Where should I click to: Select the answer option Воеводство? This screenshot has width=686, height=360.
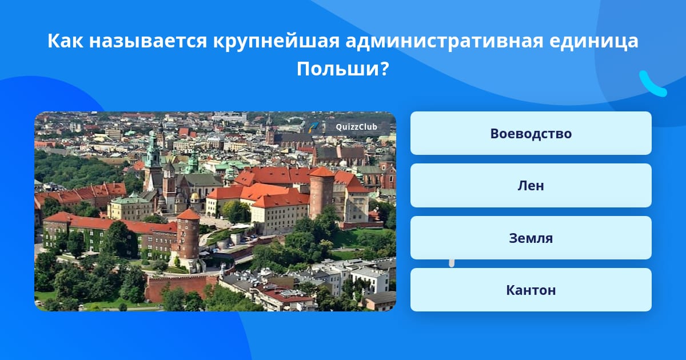pyautogui.click(x=531, y=133)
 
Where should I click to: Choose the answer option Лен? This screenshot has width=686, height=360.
pyautogui.click(x=531, y=186)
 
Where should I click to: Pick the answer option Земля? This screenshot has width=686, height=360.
pyautogui.click(x=531, y=238)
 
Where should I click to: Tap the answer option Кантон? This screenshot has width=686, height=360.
pyautogui.click(x=531, y=290)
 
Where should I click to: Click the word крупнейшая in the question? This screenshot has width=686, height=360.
pyautogui.click(x=276, y=41)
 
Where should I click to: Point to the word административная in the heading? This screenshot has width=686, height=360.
pyautogui.click(x=444, y=41)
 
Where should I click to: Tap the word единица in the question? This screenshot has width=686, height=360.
pyautogui.click(x=594, y=41)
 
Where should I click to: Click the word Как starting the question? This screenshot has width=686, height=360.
pyautogui.click(x=65, y=41)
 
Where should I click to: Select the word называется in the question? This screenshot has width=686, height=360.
pyautogui.click(x=148, y=41)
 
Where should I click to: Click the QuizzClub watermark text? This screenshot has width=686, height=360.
pyautogui.click(x=357, y=127)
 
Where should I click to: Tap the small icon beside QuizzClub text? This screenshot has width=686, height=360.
pyautogui.click(x=313, y=127)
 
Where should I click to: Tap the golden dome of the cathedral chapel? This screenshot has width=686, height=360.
pyautogui.click(x=195, y=196)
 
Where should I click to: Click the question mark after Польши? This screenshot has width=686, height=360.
pyautogui.click(x=385, y=69)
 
